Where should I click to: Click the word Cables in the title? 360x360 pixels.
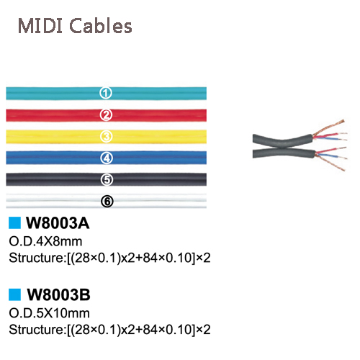pyautogui.click(x=101, y=25)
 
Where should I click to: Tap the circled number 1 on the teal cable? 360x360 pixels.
pyautogui.click(x=106, y=93)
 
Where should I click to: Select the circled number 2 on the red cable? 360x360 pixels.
pyautogui.click(x=106, y=115)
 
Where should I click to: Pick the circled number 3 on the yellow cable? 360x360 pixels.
pyautogui.click(x=106, y=137)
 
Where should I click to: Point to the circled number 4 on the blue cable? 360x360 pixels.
pyautogui.click(x=107, y=158)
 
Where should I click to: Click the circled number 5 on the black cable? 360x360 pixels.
pyautogui.click(x=107, y=179)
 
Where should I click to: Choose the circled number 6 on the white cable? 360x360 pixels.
pyautogui.click(x=107, y=201)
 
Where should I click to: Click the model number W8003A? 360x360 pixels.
pyautogui.click(x=58, y=223)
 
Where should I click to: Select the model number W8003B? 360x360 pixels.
pyautogui.click(x=58, y=294)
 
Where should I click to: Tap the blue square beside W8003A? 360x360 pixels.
pyautogui.click(x=14, y=222)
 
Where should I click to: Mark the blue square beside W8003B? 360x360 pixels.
pyautogui.click(x=14, y=294)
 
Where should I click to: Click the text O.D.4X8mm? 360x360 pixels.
pyautogui.click(x=45, y=241)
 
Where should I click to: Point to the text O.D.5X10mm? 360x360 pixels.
pyautogui.click(x=49, y=313)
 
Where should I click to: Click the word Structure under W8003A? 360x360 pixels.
pyautogui.click(x=36, y=258)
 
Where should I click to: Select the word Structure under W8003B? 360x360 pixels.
pyautogui.click(x=36, y=329)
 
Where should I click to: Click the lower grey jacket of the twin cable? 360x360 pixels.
pyautogui.click(x=283, y=152)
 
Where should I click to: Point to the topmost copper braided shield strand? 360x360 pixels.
pyautogui.click(x=329, y=127)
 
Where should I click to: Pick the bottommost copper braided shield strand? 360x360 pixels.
pyautogui.click(x=330, y=163)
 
